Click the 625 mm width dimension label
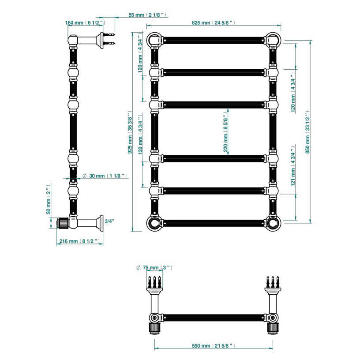(213, 23)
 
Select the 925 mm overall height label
(130, 132)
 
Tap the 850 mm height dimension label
(307, 132)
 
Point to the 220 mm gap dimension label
(225, 135)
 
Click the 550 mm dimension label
(213, 345)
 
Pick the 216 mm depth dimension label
(79, 241)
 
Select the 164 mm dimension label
(85, 23)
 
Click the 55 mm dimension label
(147, 15)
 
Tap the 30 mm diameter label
(105, 176)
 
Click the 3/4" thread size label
(109, 221)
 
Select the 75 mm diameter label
(154, 267)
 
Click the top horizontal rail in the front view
(214, 41)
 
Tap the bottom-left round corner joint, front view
(154, 223)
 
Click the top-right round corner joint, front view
(273, 40)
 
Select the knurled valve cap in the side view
(63, 223)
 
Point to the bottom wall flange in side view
(101, 223)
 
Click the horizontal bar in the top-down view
(214, 318)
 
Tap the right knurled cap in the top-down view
(273, 328)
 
